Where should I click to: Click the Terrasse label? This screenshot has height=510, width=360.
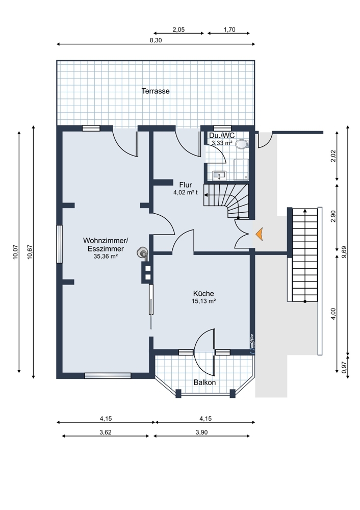point(156,91)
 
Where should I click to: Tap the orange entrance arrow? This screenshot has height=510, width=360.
point(259,234)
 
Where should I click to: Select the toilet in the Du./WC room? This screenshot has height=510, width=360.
point(241,144)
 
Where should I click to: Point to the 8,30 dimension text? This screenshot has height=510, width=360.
point(156,40)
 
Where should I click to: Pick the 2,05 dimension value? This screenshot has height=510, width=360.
point(178,30)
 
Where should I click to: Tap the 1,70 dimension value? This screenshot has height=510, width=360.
point(229,30)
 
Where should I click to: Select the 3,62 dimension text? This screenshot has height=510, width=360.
point(106,432)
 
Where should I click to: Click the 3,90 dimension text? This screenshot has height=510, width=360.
point(201,432)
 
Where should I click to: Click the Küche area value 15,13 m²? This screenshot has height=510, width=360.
point(204,301)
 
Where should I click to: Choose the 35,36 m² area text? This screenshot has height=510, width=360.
point(106,257)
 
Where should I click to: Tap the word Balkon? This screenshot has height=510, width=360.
point(204,382)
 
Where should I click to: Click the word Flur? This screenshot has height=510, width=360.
point(186,186)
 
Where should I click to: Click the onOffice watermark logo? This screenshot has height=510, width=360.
point(252,342)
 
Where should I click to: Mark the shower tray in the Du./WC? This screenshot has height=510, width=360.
point(241,169)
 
